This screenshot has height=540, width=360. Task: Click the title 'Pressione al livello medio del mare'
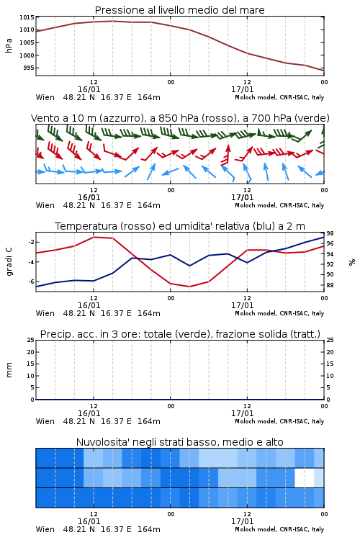click(179, 10)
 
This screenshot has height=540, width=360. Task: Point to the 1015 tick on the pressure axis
click(27, 17)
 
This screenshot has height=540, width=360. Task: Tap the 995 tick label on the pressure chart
click(29, 68)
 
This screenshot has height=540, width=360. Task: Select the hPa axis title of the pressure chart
click(9, 45)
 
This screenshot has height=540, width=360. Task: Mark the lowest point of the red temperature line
click(189, 287)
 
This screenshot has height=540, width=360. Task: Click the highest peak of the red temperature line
click(94, 237)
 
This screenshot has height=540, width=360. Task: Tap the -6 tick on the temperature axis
click(31, 282)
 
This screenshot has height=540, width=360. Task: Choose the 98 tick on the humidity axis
click(330, 234)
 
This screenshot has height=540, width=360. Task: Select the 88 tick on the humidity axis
click(330, 285)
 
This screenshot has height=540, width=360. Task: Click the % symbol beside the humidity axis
click(352, 262)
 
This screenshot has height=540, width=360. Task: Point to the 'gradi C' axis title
click(9, 262)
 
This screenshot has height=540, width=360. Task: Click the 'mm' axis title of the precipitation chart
click(9, 370)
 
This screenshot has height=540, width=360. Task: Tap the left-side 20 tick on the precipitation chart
click(31, 352)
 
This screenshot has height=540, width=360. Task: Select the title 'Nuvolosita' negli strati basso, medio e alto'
click(179, 442)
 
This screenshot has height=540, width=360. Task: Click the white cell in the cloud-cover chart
click(305, 477)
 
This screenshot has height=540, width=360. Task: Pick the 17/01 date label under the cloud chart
click(242, 521)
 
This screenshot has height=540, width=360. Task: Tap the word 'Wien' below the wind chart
click(45, 206)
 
